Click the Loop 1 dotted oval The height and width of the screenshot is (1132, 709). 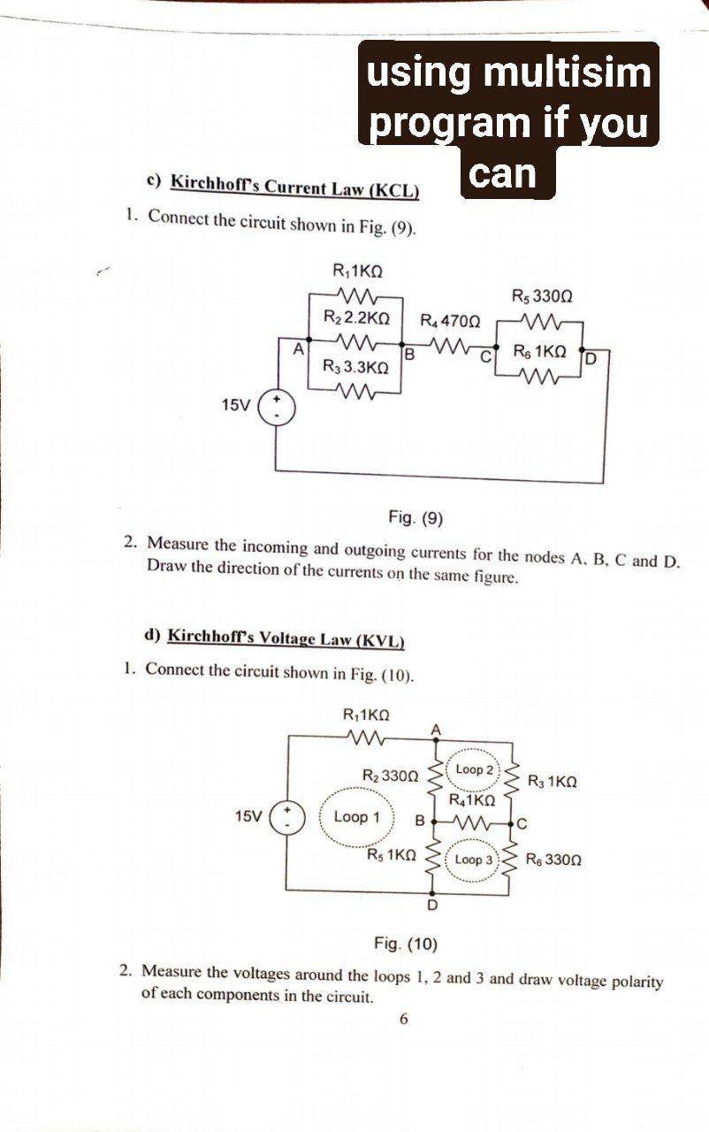pos(356,817)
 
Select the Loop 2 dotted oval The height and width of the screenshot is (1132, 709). pos(475,769)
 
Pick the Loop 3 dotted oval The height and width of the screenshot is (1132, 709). pos(475,860)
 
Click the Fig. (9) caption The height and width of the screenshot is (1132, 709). pos(415,517)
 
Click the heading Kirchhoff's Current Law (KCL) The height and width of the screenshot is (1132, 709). pos(294,187)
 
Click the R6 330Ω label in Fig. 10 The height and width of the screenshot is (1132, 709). pos(553,859)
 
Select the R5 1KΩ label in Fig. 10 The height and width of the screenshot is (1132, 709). pos(392,855)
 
